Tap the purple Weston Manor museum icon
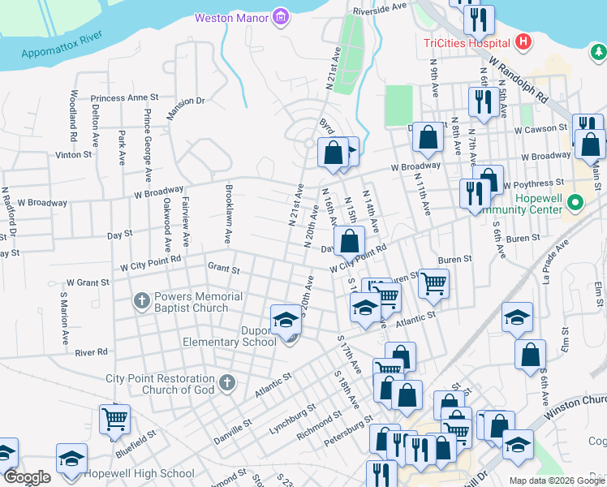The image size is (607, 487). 280,16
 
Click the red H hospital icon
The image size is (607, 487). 523,41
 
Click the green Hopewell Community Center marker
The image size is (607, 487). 575,202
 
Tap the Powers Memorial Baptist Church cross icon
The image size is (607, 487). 142,302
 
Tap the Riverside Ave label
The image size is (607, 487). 379,7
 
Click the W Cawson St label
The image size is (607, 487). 539,128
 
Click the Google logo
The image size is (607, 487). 26,477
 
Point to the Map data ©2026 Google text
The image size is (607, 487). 557,481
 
